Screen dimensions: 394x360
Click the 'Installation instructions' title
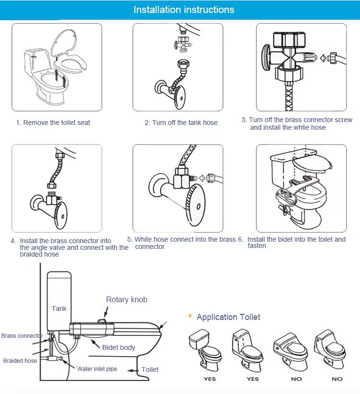(x=184, y=10)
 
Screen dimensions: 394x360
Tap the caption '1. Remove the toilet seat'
(x=53, y=123)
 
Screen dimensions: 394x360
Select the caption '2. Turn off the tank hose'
(x=181, y=123)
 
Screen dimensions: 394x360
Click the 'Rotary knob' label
(x=127, y=299)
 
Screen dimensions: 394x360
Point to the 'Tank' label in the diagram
(x=59, y=308)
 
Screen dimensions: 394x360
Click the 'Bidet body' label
(x=119, y=347)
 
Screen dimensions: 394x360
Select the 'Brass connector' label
(x=22, y=336)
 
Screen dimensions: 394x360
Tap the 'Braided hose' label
(x=20, y=360)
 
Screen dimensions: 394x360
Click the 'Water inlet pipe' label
(x=97, y=369)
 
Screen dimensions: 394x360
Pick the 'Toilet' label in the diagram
(x=150, y=369)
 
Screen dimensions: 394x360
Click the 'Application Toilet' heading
(x=228, y=317)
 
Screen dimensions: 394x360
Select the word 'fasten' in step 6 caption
(x=257, y=246)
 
